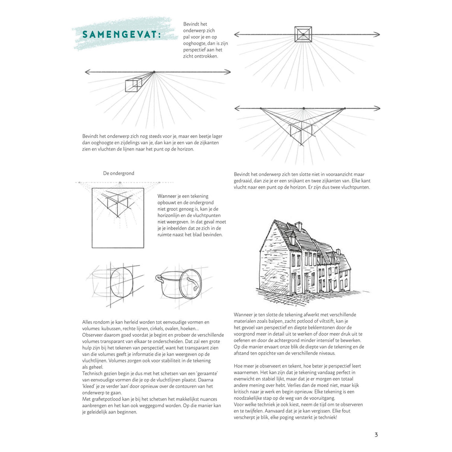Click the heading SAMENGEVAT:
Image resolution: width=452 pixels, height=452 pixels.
pyautogui.click(x=121, y=35)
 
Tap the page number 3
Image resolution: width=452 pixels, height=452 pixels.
pyautogui.click(x=376, y=435)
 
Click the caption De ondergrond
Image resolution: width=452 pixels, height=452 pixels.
pyautogui.click(x=118, y=173)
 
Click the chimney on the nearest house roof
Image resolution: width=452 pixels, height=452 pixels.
pyautogui.click(x=299, y=226)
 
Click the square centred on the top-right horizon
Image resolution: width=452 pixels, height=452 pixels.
pyautogui.click(x=303, y=34)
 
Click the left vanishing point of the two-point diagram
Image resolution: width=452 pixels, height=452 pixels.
pyautogui.click(x=261, y=108)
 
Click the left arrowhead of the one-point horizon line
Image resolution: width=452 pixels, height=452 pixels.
pyautogui.click(x=88, y=72)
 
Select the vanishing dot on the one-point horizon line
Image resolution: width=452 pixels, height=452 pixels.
pyautogui.click(x=154, y=72)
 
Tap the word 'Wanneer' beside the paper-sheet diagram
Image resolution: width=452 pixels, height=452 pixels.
pyautogui.click(x=168, y=196)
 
